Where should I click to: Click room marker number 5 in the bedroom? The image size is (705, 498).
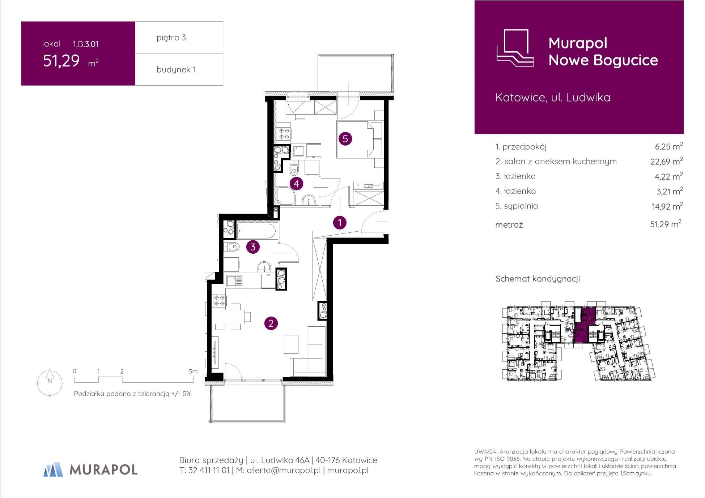345,138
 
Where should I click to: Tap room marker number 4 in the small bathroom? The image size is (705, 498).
296,184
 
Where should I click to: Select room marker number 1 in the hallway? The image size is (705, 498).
340,223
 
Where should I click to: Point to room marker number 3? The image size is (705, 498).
253,247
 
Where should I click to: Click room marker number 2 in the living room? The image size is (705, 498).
271,323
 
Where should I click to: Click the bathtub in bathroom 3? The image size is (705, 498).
257,231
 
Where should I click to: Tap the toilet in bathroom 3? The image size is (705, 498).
232,247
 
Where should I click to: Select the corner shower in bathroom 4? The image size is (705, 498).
285,196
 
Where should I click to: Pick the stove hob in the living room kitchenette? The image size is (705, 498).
219,301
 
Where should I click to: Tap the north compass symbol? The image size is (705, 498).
50,382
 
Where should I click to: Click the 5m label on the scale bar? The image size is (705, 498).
193,372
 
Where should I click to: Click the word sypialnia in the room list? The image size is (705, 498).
521,206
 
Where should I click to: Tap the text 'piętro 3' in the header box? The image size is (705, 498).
171,38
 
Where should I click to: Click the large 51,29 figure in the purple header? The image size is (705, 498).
61,61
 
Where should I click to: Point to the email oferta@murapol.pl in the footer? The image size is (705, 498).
284,471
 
